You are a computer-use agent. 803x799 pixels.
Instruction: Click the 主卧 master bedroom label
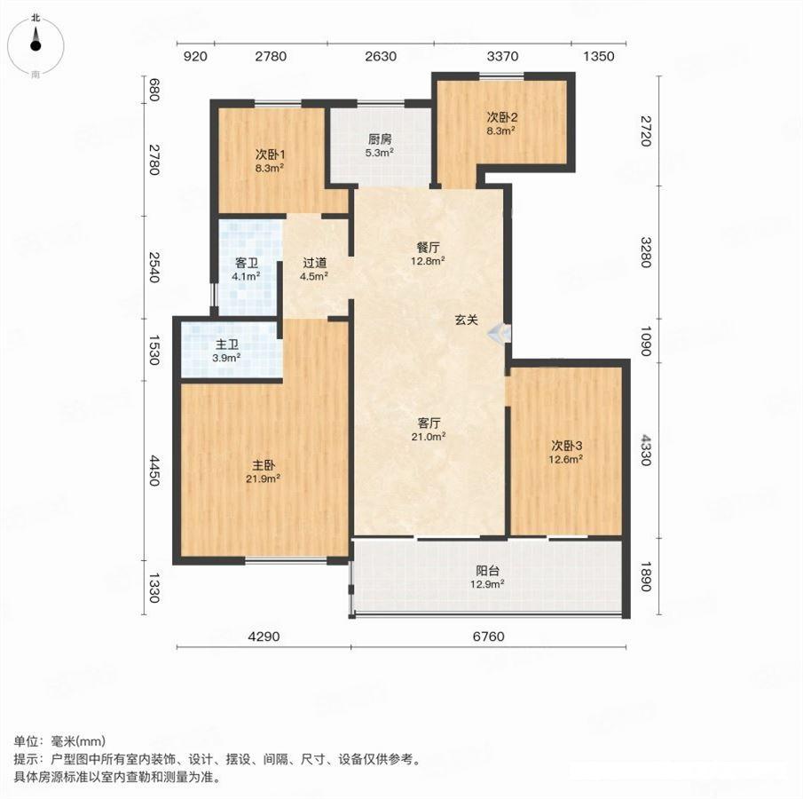[264, 465]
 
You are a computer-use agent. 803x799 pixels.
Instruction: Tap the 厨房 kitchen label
[380, 138]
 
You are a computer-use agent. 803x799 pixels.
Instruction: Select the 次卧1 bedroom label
[270, 154]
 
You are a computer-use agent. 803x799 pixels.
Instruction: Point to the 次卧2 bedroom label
[501, 117]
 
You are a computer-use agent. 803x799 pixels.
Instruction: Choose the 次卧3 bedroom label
[566, 446]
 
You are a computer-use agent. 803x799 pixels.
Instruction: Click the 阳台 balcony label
[487, 571]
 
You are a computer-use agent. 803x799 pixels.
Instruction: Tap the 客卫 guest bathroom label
[247, 263]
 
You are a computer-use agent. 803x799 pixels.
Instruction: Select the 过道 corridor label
[314, 263]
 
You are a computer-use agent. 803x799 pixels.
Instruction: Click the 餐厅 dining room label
[428, 247]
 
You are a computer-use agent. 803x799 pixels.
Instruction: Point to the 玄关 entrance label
[467, 320]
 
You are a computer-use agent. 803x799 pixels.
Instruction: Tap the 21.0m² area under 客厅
[429, 437]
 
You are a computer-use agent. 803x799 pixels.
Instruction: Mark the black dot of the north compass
[35, 45]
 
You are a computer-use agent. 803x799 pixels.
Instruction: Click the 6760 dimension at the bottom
[489, 637]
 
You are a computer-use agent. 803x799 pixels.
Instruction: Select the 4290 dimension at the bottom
[264, 637]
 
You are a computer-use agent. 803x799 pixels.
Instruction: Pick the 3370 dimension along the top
[502, 56]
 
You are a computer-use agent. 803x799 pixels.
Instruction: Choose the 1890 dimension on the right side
[646, 576]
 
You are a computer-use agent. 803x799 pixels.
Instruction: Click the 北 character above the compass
[35, 18]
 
